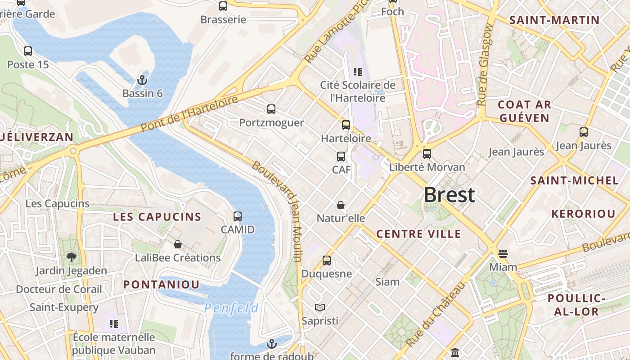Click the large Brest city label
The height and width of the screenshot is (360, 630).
click(449, 195)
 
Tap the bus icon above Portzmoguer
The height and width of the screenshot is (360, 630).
click(271, 109)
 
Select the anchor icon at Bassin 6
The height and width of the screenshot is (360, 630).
click(142, 80)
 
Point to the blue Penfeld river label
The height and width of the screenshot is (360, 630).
click(231, 308)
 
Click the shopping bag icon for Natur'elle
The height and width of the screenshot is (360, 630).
click(341, 205)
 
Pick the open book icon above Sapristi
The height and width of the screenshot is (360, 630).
click(320, 307)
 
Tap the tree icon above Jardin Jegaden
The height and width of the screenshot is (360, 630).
click(71, 257)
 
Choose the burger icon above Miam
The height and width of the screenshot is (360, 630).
click(503, 254)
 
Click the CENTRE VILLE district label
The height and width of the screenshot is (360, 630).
click(418, 234)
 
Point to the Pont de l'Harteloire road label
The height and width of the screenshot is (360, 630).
click(189, 114)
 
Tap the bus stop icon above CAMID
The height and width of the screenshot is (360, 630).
click(238, 216)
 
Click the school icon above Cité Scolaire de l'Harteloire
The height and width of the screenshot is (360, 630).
click(358, 72)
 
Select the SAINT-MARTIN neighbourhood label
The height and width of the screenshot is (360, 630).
click(554, 20)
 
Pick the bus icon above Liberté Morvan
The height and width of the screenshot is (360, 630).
click(427, 154)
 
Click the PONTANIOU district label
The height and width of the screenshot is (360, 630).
click(161, 284)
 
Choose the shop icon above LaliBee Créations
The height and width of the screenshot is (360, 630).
click(178, 244)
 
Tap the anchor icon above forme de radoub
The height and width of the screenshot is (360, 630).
click(271, 344)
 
